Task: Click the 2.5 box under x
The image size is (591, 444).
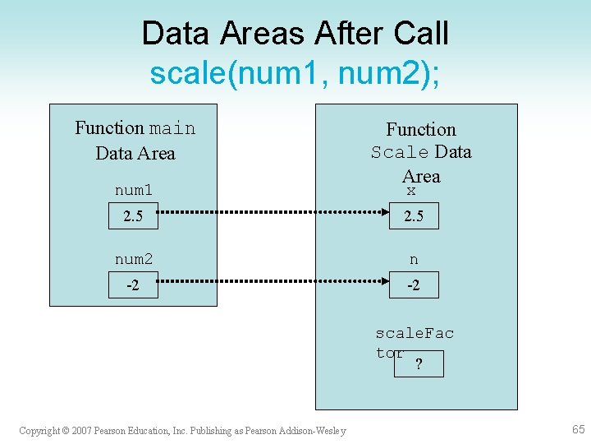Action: [414, 217]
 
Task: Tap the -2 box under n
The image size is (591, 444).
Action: [414, 285]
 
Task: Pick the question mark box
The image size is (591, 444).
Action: [419, 364]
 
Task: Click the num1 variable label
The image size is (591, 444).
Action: [134, 191]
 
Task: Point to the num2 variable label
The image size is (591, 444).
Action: [134, 260]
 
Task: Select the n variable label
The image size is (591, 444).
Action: [414, 260]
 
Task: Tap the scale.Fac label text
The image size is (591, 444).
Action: [415, 333]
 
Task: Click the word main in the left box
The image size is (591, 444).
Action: [172, 128]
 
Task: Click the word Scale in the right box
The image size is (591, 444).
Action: [400, 152]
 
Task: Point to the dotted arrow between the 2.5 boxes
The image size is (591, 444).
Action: [273, 217]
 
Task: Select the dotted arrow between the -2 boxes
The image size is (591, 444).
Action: [273, 285]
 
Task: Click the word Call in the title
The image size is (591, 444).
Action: [419, 34]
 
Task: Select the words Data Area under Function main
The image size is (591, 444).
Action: [135, 153]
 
